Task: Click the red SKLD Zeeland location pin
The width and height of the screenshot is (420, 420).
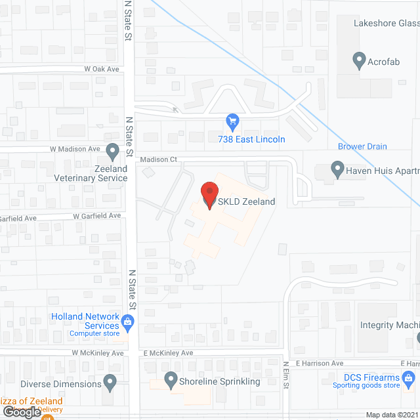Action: [x=209, y=195]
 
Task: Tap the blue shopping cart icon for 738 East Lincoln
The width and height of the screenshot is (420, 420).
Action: [x=232, y=121]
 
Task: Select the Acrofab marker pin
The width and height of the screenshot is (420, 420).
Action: [x=358, y=62]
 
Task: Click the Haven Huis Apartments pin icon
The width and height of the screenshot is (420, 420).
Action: [x=337, y=171]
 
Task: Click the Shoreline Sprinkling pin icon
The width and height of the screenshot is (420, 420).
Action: [x=171, y=379]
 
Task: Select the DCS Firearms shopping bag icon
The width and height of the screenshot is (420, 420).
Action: [x=408, y=379]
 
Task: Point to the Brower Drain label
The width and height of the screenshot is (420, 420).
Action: [x=362, y=146]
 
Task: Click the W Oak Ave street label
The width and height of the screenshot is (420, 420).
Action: [x=101, y=68]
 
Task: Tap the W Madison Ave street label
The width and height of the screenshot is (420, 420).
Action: [x=75, y=149]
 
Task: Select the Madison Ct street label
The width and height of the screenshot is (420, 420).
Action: [x=159, y=159]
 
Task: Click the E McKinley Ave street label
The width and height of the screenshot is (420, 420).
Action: [x=168, y=353]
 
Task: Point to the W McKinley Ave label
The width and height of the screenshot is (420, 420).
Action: [x=98, y=353]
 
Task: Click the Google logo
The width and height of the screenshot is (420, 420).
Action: [x=21, y=412]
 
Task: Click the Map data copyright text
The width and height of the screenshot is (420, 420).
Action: [x=392, y=415]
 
